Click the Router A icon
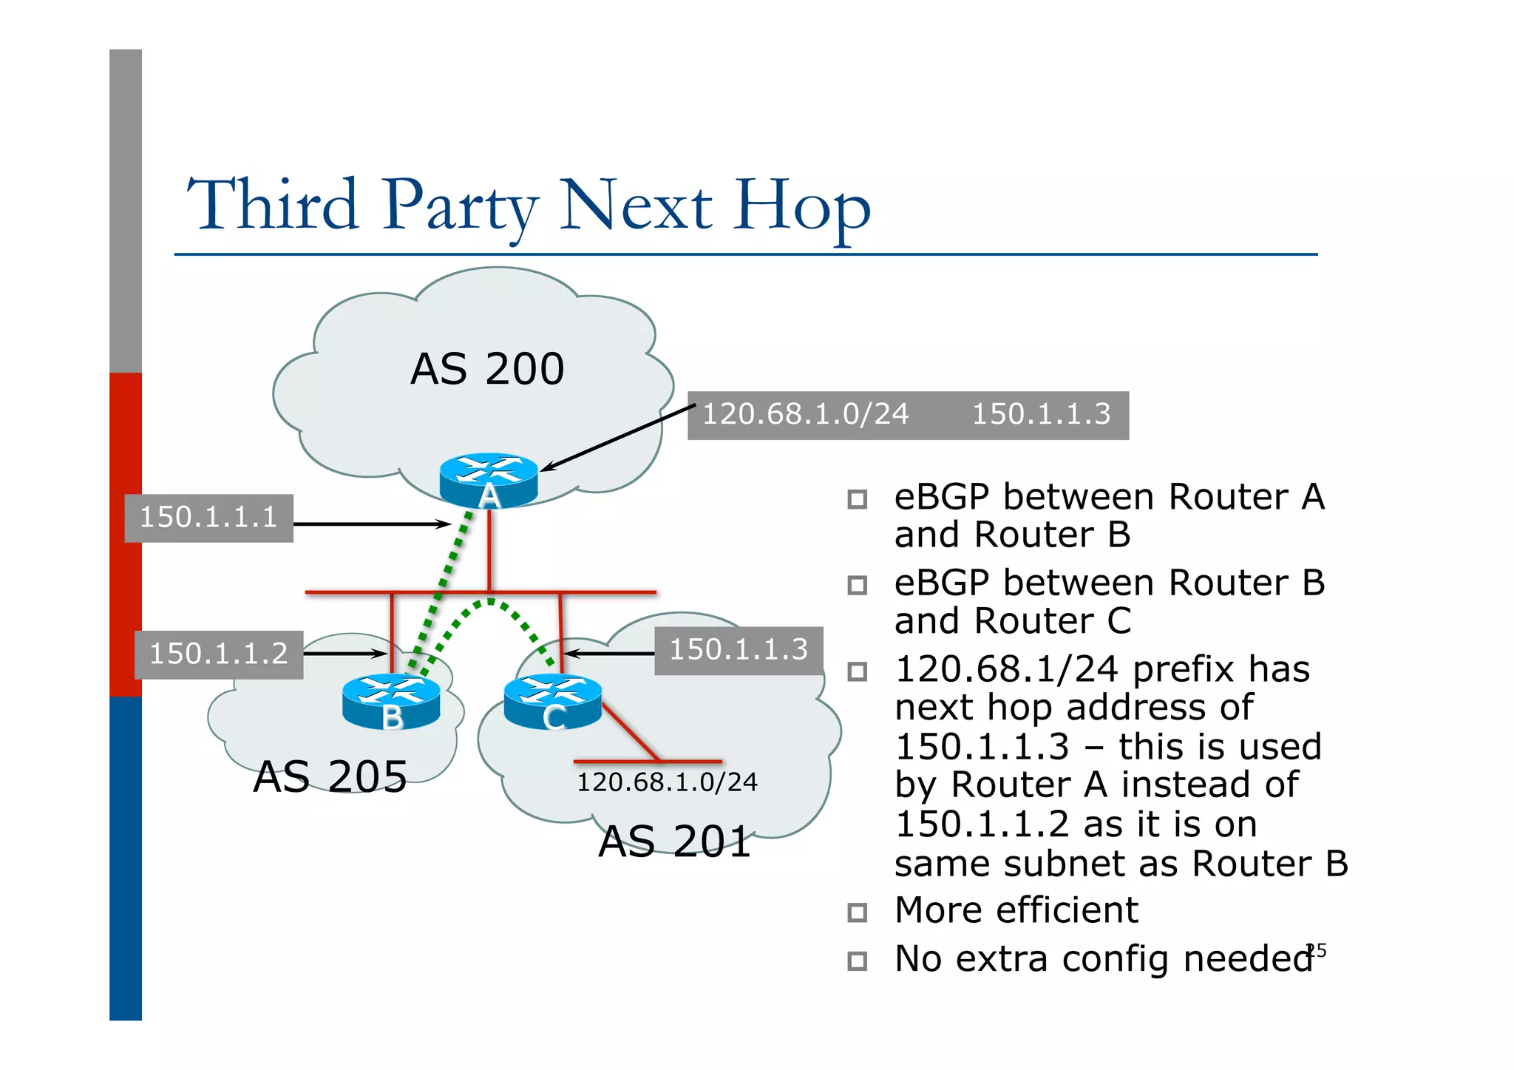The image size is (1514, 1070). (x=488, y=479)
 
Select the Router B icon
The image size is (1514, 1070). (x=391, y=700)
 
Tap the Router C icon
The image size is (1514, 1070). (x=552, y=701)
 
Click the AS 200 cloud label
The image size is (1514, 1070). (x=487, y=369)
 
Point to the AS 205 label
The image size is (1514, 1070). (x=330, y=776)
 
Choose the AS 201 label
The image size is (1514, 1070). (x=674, y=842)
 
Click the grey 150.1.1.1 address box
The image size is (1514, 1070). (x=208, y=518)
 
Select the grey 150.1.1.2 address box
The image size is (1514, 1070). (x=219, y=654)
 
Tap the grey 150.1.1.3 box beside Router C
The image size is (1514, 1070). (x=739, y=650)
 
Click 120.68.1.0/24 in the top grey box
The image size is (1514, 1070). (x=805, y=415)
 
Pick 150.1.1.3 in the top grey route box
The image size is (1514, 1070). (x=1041, y=415)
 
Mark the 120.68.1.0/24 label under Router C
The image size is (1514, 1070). (x=667, y=782)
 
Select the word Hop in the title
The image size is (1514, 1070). (x=802, y=207)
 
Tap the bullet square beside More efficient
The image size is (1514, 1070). (x=857, y=912)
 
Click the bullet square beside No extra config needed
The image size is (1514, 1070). (x=857, y=961)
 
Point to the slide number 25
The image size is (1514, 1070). (x=1316, y=950)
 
